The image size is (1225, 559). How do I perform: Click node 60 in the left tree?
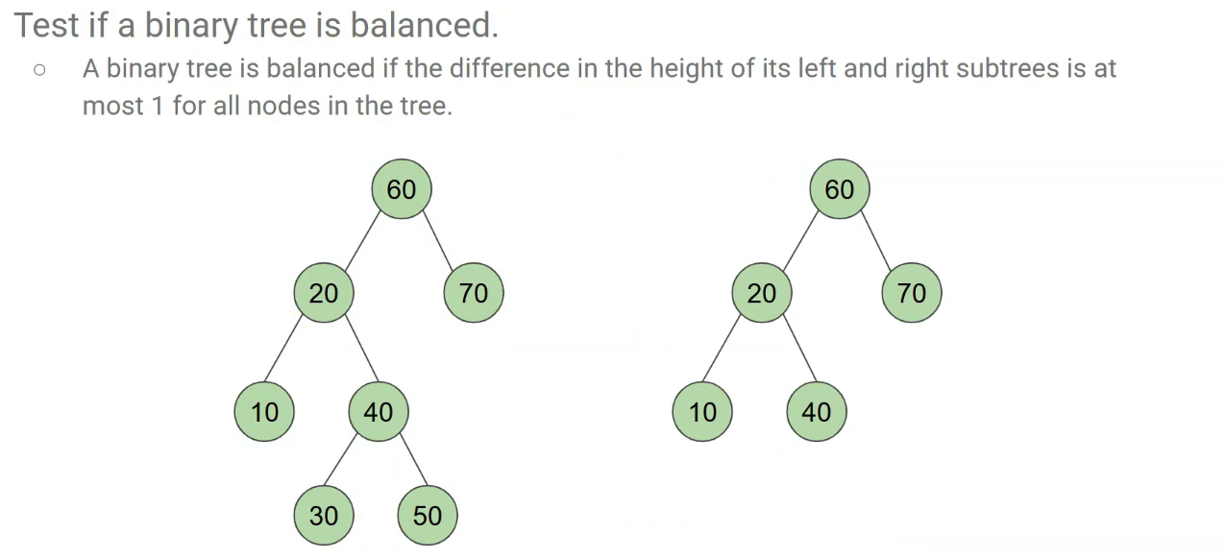coord(402,190)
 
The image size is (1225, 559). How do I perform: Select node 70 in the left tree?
coord(474,293)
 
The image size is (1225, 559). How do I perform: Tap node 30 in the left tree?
coord(324,516)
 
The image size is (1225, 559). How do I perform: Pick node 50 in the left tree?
coord(428,516)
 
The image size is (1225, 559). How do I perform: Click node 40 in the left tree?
coord(379,412)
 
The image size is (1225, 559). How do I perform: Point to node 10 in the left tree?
coord(264,412)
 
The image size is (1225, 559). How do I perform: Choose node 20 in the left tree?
coord(324,293)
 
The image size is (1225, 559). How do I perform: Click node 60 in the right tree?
coord(840,190)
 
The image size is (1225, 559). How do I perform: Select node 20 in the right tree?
coord(762,293)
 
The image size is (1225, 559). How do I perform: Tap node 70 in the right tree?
coord(912,293)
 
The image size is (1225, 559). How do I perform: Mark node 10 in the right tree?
coord(702,412)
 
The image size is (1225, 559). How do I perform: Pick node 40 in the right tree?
coord(817,412)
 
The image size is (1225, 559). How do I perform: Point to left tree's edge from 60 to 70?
coord(437,241)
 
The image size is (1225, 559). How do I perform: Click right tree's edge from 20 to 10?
coord(723,350)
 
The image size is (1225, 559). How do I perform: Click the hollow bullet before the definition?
coord(39,70)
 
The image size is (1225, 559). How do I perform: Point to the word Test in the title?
coord(46,25)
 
